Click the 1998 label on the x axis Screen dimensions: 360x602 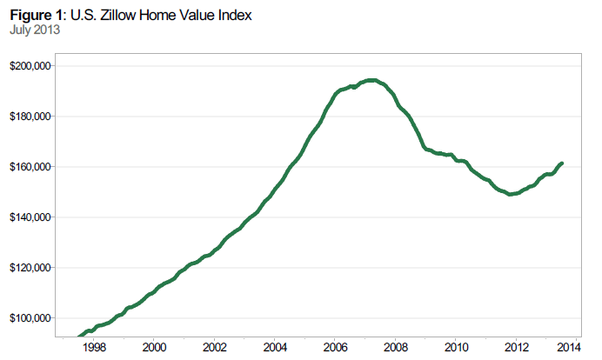coord(94,346)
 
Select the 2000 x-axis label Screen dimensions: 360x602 coord(154,346)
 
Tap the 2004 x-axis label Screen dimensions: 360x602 coord(275,346)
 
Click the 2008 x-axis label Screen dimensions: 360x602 coord(396,346)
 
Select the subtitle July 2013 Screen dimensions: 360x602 coord(34,30)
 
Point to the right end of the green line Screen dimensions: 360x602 coord(562,163)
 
